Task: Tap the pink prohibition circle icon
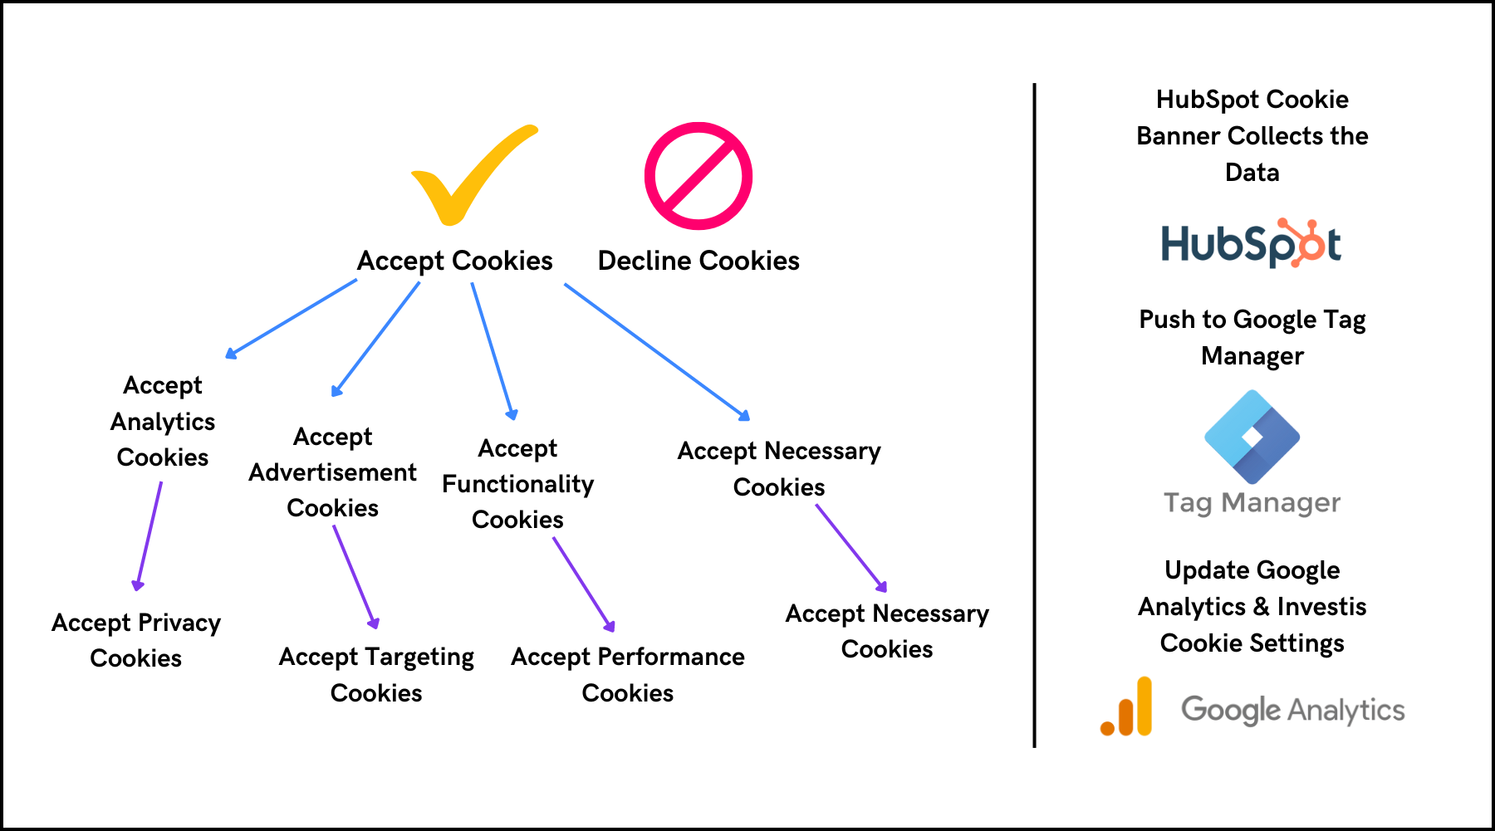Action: click(698, 176)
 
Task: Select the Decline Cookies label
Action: click(698, 261)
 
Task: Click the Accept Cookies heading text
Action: click(454, 261)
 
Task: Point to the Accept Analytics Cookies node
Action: click(163, 421)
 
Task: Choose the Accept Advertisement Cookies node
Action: click(332, 472)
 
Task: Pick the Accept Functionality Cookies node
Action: click(517, 483)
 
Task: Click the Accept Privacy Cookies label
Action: click(136, 640)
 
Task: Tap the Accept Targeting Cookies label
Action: click(376, 674)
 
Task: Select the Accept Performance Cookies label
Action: click(628, 674)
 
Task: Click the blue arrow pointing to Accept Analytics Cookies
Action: click(291, 319)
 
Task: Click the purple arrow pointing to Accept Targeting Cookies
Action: click(355, 576)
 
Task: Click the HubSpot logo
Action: click(1251, 243)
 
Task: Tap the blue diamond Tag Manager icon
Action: click(1252, 437)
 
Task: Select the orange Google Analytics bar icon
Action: click(1128, 708)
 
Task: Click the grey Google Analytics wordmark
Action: click(1292, 710)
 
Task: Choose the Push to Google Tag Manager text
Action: click(1252, 337)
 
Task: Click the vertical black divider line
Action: click(1034, 415)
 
